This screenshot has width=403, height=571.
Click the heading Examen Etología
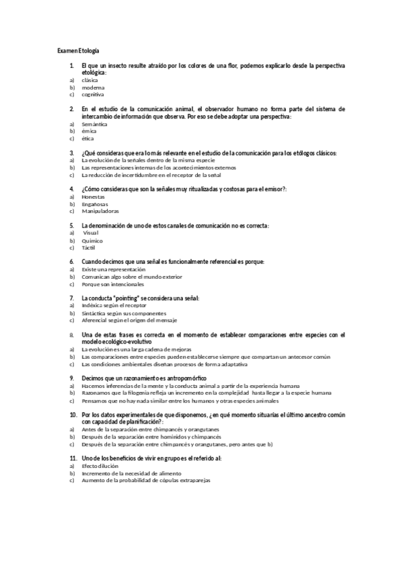click(x=78, y=51)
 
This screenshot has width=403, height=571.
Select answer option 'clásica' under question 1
click(x=89, y=79)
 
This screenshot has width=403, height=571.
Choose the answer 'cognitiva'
click(x=93, y=95)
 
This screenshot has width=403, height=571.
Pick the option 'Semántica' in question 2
click(x=94, y=124)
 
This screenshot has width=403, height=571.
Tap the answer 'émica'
click(x=88, y=131)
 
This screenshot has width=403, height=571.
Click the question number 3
click(x=72, y=154)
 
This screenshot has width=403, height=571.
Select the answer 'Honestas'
click(x=93, y=197)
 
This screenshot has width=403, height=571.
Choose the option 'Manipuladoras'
click(x=100, y=211)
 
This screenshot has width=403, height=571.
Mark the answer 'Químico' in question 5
click(x=93, y=240)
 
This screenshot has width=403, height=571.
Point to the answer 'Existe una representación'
click(x=113, y=269)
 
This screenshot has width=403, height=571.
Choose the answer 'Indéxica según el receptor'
click(x=114, y=306)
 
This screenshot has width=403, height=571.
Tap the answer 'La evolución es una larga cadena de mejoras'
click(x=136, y=349)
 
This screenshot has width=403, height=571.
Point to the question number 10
click(x=73, y=415)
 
